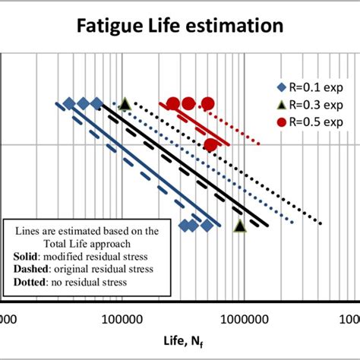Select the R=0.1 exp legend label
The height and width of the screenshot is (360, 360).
click(314, 86)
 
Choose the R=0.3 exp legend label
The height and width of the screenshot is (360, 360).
click(314, 104)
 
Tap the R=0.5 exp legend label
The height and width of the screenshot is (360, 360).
click(314, 122)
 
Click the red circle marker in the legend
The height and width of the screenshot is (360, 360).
click(282, 122)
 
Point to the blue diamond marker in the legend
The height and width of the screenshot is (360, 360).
click(282, 86)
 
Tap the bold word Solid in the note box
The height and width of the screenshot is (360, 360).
click(28, 257)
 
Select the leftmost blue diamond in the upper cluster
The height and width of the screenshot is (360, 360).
click(69, 104)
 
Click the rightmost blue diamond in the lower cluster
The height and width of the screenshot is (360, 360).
click(206, 225)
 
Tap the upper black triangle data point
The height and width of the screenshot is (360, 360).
click(125, 103)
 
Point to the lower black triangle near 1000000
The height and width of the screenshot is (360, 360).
click(240, 226)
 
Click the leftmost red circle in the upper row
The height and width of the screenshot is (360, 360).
click(173, 104)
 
